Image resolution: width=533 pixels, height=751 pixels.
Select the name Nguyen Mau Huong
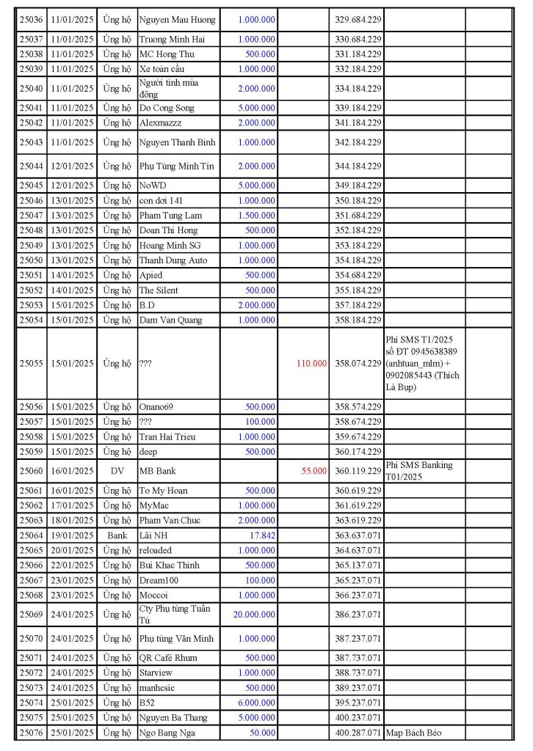point(177,19)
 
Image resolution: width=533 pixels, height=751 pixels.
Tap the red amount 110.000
point(311,363)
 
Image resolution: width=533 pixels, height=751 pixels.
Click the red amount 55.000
point(314,471)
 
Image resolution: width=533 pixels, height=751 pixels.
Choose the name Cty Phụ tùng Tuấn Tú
point(175,614)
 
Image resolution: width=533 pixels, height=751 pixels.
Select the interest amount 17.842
point(261,535)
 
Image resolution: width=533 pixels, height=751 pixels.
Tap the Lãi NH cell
point(153,535)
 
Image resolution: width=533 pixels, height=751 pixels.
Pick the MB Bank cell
point(157,471)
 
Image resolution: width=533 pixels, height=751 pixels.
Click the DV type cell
point(117,471)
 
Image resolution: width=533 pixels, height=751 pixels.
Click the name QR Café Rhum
point(168,658)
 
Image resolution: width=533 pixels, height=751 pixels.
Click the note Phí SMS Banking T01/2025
point(418,471)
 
